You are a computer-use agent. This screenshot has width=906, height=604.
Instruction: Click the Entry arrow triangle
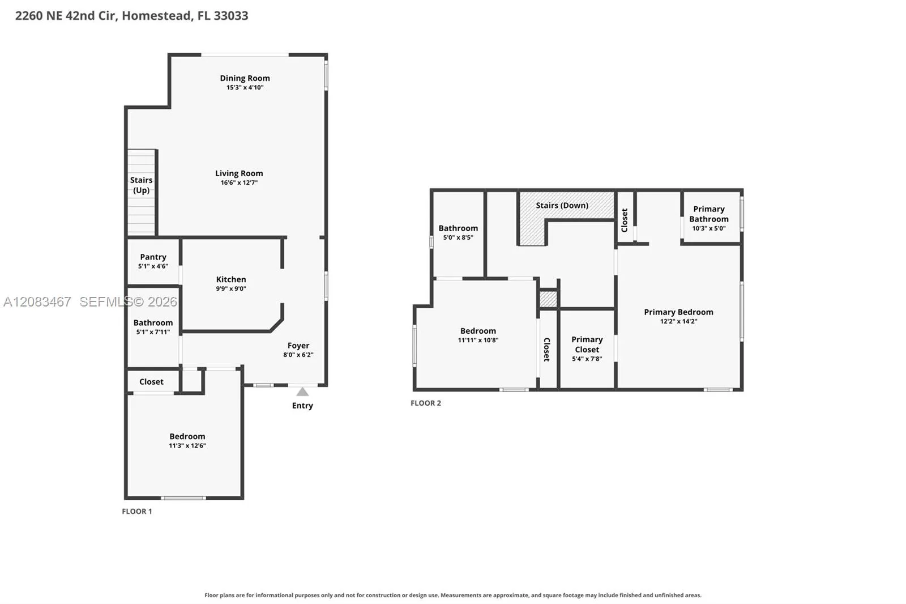tap(302, 392)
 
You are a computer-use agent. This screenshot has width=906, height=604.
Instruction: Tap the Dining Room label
tap(245, 78)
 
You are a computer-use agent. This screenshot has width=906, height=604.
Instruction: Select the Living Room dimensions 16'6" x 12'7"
tap(239, 182)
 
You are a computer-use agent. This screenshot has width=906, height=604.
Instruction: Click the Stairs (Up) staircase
tap(141, 192)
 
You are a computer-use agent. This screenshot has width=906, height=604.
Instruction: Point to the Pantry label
tap(153, 257)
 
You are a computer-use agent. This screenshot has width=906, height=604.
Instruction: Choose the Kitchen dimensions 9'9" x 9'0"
tap(231, 288)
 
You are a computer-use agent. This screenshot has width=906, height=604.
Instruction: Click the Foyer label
tap(298, 345)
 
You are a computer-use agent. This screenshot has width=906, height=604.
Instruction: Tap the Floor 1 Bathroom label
tap(153, 322)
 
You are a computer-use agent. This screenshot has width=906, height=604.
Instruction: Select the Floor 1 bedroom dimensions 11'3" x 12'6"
tap(187, 446)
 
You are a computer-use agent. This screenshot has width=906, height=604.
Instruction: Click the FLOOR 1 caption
tap(137, 511)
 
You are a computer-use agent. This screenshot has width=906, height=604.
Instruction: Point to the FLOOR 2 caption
tap(426, 403)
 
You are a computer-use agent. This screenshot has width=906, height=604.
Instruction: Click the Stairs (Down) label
tap(562, 205)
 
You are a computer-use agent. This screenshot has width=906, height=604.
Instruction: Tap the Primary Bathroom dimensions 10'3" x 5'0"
tap(709, 228)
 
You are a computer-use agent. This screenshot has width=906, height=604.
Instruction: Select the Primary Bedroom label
tap(679, 312)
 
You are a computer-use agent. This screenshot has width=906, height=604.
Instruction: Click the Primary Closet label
tap(587, 344)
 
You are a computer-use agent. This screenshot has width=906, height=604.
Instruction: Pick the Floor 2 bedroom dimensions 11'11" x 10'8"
tap(478, 340)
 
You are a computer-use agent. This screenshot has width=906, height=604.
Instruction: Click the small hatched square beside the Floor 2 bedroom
tap(548, 299)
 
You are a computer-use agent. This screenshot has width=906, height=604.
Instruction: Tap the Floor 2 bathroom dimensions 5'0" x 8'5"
tap(458, 237)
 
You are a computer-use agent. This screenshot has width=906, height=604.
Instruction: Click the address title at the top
tap(132, 16)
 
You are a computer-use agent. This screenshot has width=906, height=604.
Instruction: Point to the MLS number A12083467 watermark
tap(37, 301)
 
